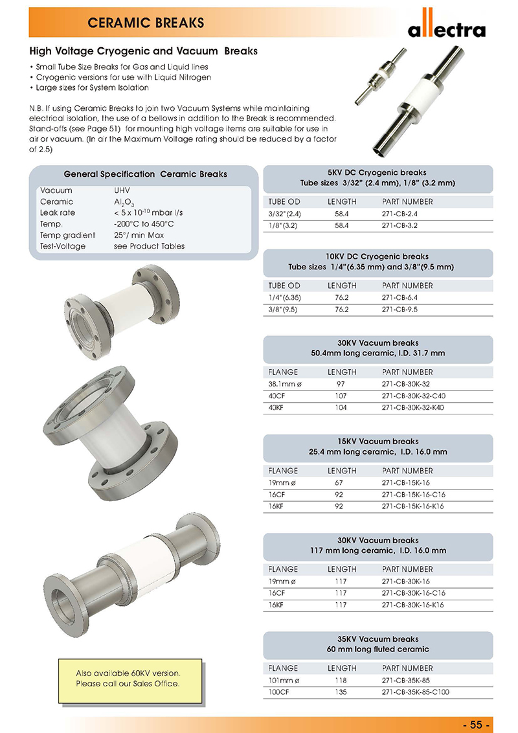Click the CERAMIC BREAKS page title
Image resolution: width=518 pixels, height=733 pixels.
coord(146,23)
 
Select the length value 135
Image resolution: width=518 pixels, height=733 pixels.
coord(341,692)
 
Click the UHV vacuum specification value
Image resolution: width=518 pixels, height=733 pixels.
coord(122,191)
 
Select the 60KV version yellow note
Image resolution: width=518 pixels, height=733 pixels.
coord(128,679)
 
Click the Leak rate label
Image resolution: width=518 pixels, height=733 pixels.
coord(58,213)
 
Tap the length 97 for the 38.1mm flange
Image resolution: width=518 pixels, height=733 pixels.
coord(341,384)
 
